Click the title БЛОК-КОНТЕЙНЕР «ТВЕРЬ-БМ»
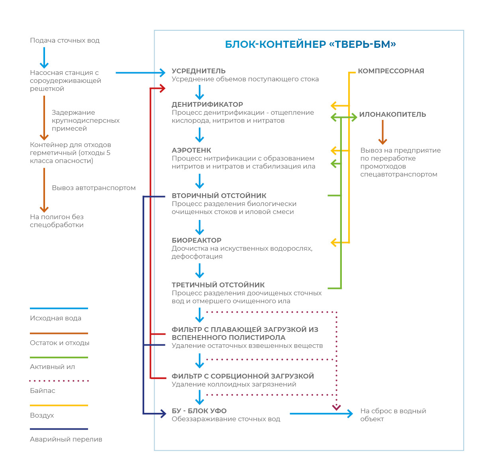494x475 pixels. tap(310, 44)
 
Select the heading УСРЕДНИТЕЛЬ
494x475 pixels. tap(198, 71)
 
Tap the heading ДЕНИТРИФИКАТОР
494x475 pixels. tap(207, 104)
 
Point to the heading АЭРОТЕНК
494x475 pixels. tap(191, 150)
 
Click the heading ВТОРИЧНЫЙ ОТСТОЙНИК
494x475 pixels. tap(219, 196)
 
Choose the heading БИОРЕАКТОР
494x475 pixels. tap(196, 240)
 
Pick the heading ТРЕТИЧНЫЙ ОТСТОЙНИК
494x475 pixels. tap(218, 285)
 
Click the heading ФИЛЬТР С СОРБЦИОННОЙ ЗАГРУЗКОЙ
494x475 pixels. tap(243, 376)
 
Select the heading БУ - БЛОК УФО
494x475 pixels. tap(199, 411)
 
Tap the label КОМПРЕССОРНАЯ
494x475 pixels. tap(391, 71)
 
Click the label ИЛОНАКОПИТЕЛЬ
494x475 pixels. tap(392, 114)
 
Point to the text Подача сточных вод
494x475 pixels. tap(65, 40)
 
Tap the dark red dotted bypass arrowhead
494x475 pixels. tap(337, 407)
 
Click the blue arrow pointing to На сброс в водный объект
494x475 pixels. tap(321, 414)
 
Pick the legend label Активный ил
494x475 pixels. tap(52, 367)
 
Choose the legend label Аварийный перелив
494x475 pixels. tap(66, 439)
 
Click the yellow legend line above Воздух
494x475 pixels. tap(59, 405)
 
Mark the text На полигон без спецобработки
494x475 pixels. tap(57, 221)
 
